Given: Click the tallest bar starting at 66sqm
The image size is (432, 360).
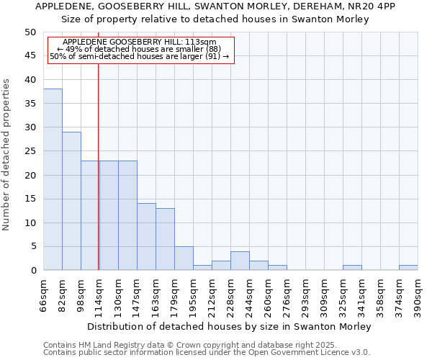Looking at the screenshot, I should point(53,179).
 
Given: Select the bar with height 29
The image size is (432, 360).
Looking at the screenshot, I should point(71,201).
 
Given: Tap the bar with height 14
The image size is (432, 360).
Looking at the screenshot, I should point(146,237).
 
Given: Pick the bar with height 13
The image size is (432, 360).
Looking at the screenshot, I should point(165,239).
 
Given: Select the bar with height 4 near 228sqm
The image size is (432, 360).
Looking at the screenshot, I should point(240,261).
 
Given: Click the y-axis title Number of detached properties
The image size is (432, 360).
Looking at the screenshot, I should point(7,155).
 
